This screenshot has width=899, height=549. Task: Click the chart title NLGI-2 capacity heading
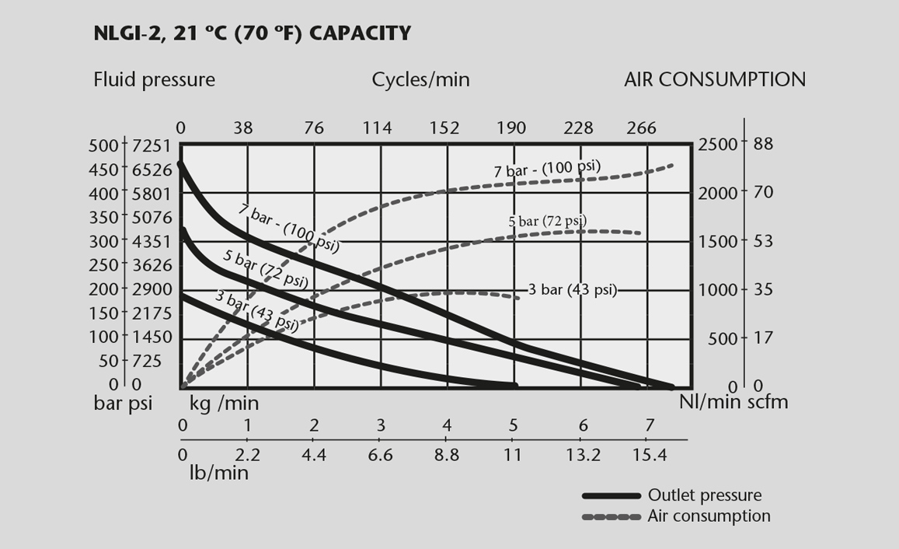(251, 33)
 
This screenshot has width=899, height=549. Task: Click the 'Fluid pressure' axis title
(154, 79)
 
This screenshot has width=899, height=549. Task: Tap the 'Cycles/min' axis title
(420, 79)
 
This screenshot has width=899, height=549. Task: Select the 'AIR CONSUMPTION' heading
(715, 79)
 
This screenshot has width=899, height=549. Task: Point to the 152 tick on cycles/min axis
(444, 128)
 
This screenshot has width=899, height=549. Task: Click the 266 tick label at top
(641, 128)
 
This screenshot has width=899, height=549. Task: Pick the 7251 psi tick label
(151, 145)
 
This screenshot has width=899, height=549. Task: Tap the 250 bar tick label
(106, 264)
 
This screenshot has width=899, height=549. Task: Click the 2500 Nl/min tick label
(717, 145)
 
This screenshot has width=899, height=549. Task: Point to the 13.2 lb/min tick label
(584, 455)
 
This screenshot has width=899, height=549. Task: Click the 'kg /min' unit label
(225, 403)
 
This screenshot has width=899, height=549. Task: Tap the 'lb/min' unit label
(219, 472)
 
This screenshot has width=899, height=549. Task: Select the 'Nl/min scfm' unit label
(733, 401)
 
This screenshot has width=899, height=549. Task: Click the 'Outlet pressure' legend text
(705, 495)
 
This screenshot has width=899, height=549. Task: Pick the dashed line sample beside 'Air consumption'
(612, 516)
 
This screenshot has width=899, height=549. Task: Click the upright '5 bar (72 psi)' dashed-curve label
(547, 222)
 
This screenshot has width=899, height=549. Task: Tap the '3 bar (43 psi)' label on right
(572, 290)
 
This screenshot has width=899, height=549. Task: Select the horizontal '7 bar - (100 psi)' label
(548, 169)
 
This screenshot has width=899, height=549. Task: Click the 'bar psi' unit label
(123, 403)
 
